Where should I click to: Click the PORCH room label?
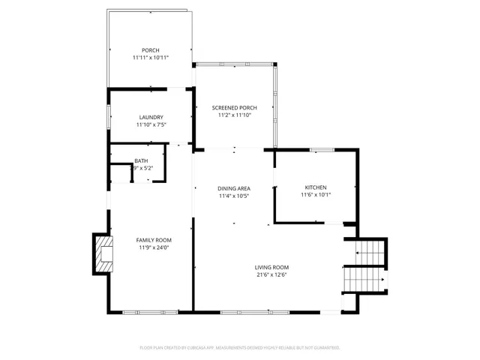(x=151, y=50)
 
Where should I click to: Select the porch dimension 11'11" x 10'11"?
(x=151, y=58)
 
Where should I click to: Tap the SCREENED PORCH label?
(x=234, y=108)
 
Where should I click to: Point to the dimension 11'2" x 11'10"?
(x=234, y=115)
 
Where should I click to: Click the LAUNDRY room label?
(x=151, y=117)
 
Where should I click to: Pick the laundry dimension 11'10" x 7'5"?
(x=151, y=124)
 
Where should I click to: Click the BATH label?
(x=141, y=161)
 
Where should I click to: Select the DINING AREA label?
(x=234, y=188)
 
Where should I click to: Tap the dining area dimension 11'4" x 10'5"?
(x=234, y=196)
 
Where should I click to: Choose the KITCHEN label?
(x=316, y=187)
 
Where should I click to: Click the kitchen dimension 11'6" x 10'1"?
(x=316, y=194)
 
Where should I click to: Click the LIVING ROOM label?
(x=271, y=267)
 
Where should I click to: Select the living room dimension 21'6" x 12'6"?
(x=271, y=274)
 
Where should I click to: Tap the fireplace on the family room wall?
(x=103, y=253)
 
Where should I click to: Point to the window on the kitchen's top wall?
(x=322, y=150)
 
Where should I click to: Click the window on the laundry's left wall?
(x=109, y=117)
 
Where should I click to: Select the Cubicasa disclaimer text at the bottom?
(x=240, y=347)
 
